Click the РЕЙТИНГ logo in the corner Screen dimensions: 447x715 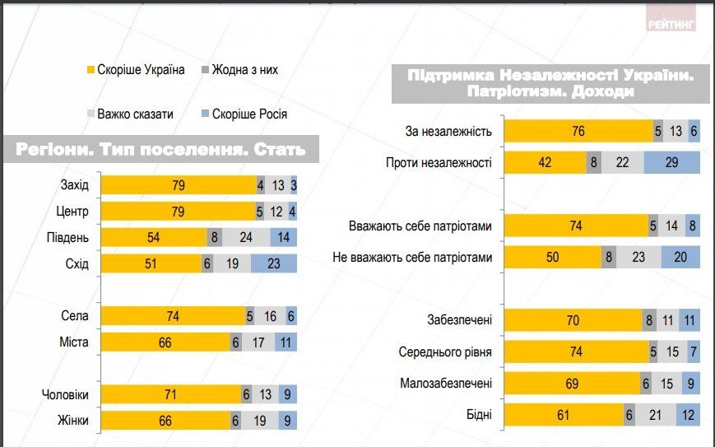(x=671, y=23)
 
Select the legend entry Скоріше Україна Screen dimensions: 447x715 (x=136, y=70)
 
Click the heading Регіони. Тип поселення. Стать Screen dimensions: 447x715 (x=160, y=150)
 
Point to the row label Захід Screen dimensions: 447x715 (x=75, y=185)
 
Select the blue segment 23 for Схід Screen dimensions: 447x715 (x=273, y=264)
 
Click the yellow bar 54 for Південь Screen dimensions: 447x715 (x=153, y=238)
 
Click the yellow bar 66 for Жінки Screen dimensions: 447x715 (x=165, y=421)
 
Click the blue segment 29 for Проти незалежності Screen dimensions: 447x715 (x=671, y=162)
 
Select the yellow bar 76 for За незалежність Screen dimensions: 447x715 (x=578, y=131)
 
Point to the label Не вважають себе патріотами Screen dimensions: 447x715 (x=412, y=258)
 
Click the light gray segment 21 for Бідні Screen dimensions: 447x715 (x=655, y=415)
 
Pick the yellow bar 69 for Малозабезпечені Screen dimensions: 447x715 (x=572, y=384)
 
